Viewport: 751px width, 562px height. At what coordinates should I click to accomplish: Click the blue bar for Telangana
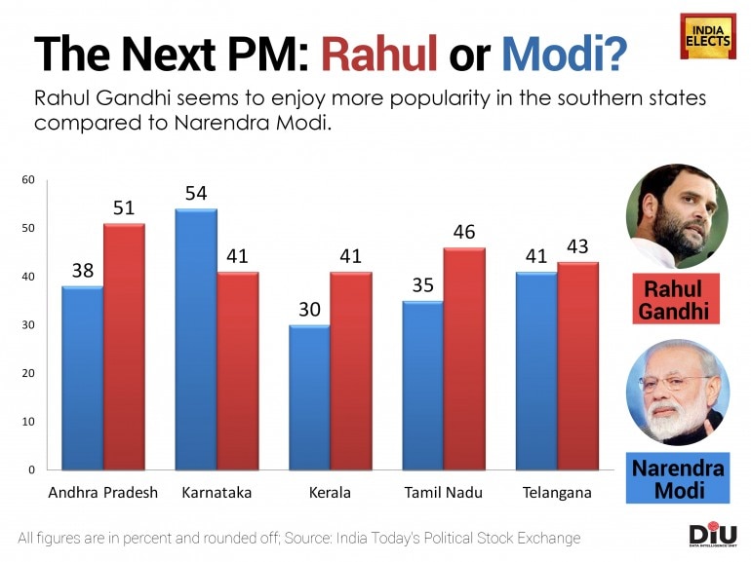tap(536, 371)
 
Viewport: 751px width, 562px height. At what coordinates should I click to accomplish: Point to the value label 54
tap(196, 193)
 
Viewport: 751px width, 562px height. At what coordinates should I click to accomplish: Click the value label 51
tap(124, 207)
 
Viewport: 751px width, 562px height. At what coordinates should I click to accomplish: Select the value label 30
tap(309, 309)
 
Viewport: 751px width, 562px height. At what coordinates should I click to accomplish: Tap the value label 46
tap(463, 232)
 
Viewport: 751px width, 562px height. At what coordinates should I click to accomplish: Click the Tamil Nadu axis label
tap(444, 493)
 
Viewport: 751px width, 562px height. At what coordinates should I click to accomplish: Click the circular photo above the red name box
tap(677, 214)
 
